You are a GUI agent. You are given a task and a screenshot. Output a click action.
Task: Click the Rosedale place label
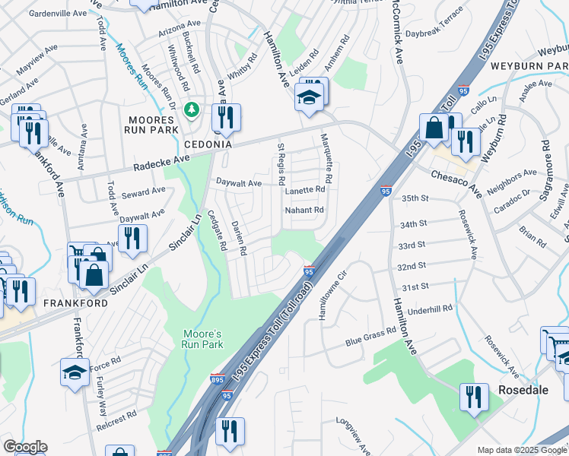click(523, 389)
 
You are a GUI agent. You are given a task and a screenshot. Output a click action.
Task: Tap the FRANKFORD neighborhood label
click(32, 302)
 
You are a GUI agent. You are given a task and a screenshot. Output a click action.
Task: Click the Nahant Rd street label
click(304, 211)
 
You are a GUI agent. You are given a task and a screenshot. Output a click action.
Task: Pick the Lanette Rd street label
click(305, 191)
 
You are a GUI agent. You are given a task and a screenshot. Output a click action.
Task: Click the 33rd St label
click(412, 245)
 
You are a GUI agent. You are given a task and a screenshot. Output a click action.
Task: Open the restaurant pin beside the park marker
click(225, 117)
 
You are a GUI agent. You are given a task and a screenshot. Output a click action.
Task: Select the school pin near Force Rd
click(75, 372)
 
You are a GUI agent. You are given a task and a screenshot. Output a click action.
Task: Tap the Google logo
click(25, 447)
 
